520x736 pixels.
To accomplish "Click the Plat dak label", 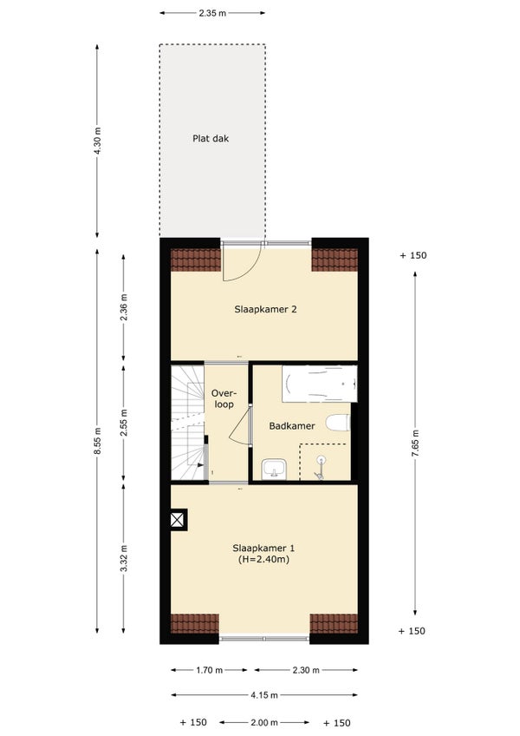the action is (211, 139).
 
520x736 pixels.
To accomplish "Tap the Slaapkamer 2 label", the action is (265, 309).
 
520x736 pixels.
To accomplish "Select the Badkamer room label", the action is (292, 426).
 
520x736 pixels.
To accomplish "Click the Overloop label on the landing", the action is (224, 398).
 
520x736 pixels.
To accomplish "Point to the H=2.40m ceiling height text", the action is (263, 559).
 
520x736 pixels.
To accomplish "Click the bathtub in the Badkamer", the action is (319, 384).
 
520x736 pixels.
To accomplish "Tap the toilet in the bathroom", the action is (338, 423).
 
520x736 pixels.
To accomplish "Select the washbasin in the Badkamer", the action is (275, 470).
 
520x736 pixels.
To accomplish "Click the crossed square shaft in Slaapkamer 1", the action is (179, 520).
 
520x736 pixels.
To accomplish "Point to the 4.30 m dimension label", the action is (97, 141).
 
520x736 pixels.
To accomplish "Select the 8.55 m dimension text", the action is (97, 441).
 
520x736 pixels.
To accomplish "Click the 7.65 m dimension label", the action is (415, 444).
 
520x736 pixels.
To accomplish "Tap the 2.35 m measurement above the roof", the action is (212, 13).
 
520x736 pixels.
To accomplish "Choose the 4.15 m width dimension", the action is (264, 695).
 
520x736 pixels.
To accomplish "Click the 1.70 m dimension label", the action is (209, 670).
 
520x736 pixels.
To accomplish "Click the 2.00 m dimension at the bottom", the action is (264, 723).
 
